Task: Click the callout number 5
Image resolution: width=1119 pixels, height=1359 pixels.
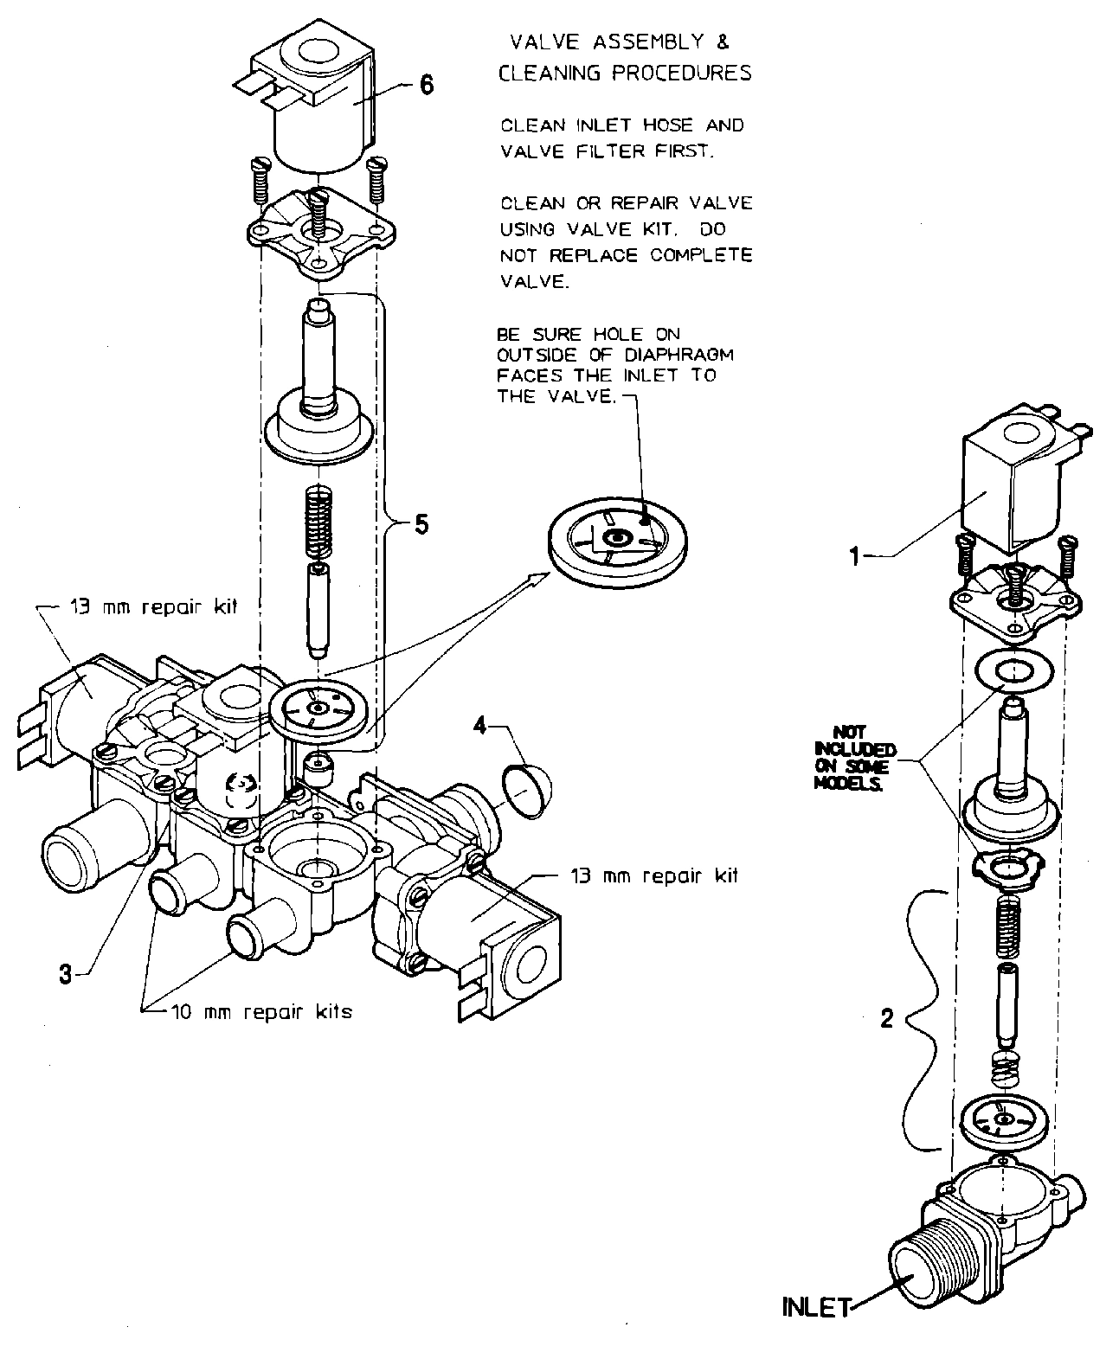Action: pos(421,524)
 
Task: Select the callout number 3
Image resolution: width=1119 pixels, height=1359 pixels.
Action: pos(66,973)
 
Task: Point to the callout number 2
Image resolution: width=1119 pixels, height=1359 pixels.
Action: pos(886,1019)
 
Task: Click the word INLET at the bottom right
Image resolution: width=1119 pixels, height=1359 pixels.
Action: pos(816,1307)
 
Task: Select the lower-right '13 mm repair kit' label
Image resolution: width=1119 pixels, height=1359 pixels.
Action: pos(653,875)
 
